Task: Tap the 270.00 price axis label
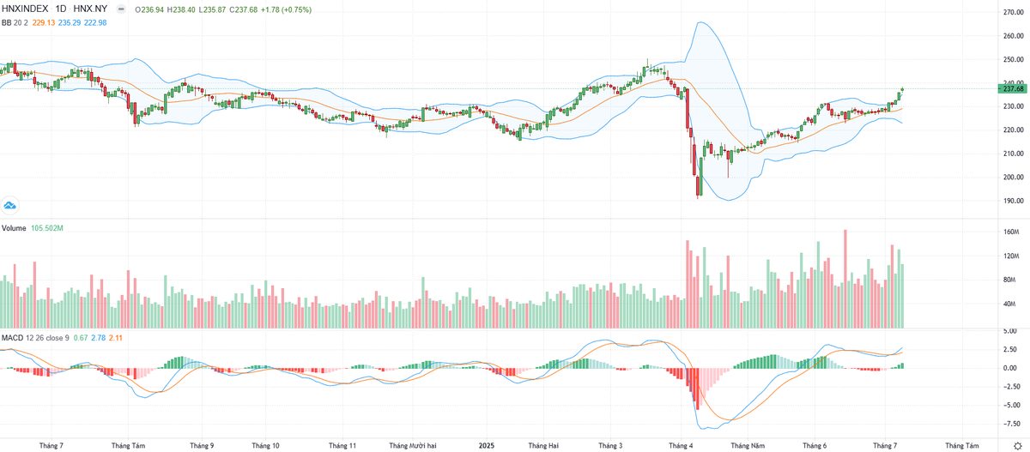[1013, 13]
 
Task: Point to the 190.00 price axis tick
[1013, 202]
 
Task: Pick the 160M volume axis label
[1010, 232]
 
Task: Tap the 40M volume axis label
[1009, 304]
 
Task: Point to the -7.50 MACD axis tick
[1011, 423]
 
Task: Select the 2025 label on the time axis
[487, 446]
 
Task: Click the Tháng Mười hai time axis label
[414, 446]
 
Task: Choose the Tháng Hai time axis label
[543, 446]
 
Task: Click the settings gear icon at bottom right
[1017, 445]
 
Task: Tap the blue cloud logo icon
[10, 205]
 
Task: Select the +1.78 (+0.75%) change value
[288, 9]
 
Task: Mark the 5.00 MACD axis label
[1009, 331]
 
